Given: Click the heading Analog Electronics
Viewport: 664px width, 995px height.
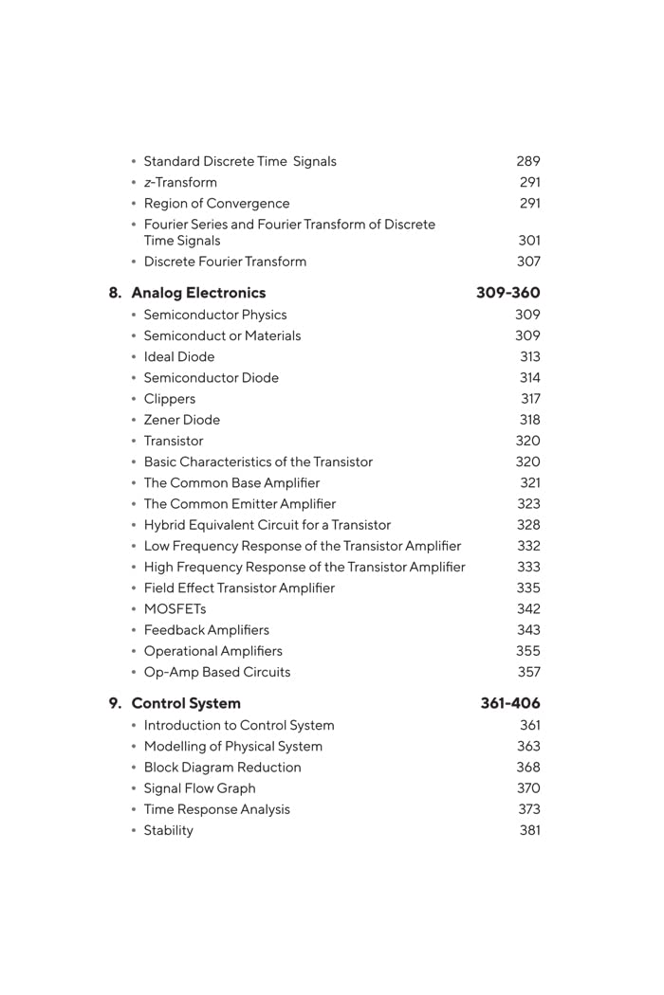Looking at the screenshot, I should point(198,293).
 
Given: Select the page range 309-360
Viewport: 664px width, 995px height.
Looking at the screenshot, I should point(507,293).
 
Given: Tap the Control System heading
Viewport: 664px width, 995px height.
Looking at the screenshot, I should point(186,703).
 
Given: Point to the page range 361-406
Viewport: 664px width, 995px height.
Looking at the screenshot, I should point(509,703).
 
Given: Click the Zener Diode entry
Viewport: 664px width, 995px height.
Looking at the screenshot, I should point(182,420).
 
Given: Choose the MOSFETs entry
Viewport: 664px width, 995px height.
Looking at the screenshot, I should point(175,609).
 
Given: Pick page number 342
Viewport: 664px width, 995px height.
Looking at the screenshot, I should point(528,609).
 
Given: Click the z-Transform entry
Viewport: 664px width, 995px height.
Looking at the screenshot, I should point(180,182).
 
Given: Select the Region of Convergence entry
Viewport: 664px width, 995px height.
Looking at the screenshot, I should point(216,203).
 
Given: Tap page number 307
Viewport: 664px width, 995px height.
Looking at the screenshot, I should point(528,262).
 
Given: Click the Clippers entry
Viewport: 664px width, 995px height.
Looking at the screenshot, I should point(170,399).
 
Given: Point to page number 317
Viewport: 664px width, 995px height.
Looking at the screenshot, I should point(530,399).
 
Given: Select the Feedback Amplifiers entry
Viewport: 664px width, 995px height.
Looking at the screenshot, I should point(206,630).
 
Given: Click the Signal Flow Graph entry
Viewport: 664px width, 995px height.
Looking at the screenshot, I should point(199,788).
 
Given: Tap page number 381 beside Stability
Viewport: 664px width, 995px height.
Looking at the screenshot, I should point(529,830).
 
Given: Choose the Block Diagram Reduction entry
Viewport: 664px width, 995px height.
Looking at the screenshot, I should point(222,768).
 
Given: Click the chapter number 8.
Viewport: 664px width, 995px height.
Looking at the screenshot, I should point(115,293).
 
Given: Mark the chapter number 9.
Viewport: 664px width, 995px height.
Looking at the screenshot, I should point(115,703).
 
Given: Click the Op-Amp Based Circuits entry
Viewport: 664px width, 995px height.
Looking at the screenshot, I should point(217,672).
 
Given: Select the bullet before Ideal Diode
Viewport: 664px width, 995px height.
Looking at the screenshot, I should point(134,357).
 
